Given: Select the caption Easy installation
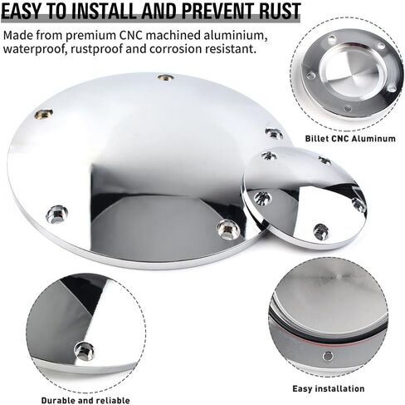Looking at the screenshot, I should pos(328,388).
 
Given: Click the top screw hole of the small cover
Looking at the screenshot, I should pos(268,156).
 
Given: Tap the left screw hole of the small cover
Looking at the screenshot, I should pos(261,198).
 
